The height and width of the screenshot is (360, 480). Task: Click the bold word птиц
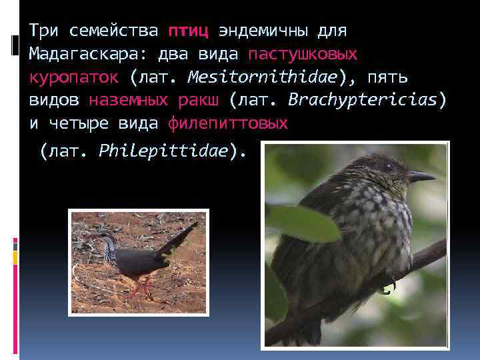pos(189,31)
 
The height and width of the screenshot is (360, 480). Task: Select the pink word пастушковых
pos(303,54)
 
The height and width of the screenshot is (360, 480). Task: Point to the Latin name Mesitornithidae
pos(262,77)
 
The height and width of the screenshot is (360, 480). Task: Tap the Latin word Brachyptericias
pos(363,101)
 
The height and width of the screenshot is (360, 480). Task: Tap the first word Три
pos(45,31)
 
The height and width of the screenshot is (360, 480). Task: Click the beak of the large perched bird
pos(419,177)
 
